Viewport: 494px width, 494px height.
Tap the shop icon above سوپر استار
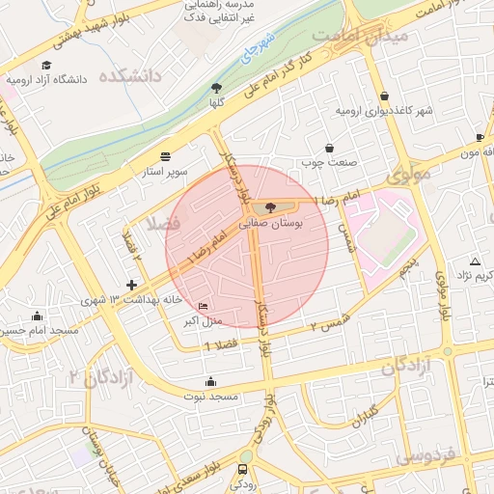165,155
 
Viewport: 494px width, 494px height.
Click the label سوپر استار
165,171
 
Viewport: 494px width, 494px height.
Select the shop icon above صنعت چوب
332,148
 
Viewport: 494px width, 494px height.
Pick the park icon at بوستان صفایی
269,206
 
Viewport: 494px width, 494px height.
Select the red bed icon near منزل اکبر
202,306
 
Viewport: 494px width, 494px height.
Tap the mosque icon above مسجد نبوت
211,382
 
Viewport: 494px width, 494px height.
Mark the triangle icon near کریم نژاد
474,261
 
